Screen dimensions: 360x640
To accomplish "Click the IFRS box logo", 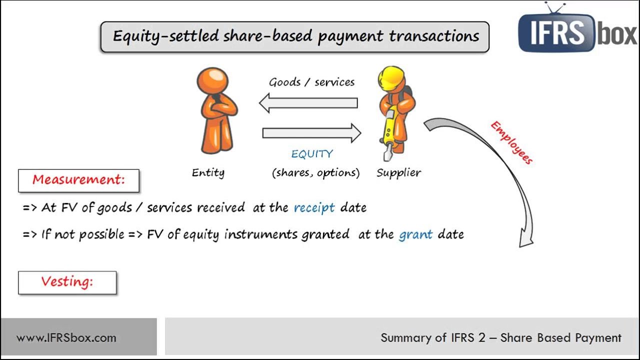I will [x=577, y=31].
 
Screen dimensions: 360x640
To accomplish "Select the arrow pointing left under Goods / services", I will [x=308, y=103].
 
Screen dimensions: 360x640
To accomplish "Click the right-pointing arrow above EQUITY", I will [x=311, y=132].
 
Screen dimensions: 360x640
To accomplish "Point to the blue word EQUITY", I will [x=312, y=154].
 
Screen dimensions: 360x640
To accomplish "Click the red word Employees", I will [x=511, y=142].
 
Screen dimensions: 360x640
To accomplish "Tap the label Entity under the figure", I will [x=208, y=172].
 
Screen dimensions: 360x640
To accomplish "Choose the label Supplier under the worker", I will [x=398, y=172].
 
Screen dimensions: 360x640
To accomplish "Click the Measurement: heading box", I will [x=78, y=180].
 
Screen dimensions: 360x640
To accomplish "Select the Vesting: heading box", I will [x=67, y=282].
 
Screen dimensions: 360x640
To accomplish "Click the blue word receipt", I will [x=314, y=207].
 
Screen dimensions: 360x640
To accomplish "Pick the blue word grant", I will [x=415, y=234].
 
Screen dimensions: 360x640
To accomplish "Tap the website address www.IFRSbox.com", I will [x=66, y=337].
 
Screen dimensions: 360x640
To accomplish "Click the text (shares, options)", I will [x=315, y=173].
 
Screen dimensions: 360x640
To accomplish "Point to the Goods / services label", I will [x=311, y=82].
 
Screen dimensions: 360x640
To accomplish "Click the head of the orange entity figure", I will [x=212, y=80].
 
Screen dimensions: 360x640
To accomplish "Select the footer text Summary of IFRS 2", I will [x=433, y=337].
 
